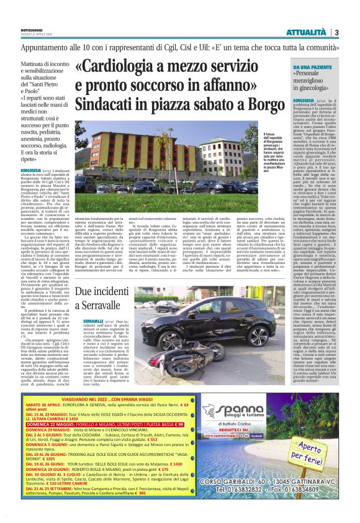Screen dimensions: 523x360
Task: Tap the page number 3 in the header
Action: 336,32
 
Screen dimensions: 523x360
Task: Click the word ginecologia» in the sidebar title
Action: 315,89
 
